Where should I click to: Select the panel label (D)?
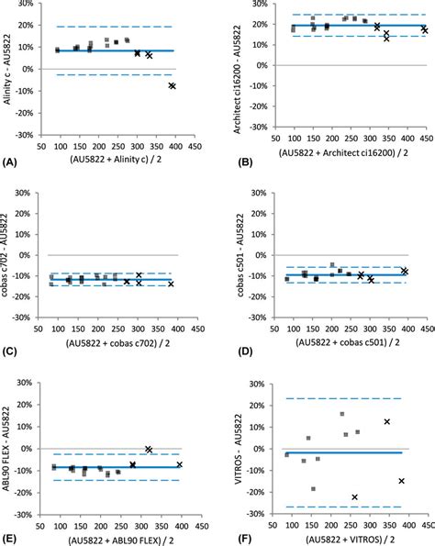pos(232,351)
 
